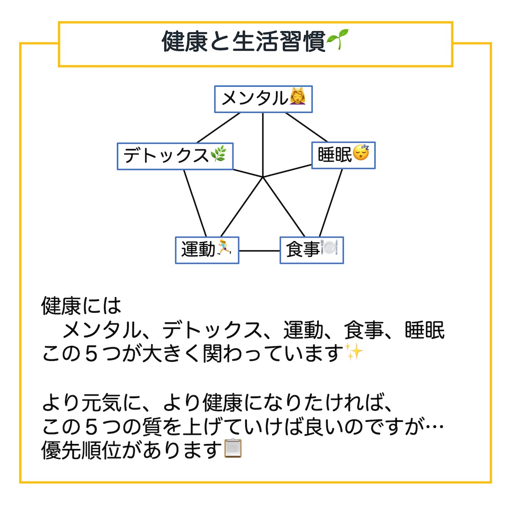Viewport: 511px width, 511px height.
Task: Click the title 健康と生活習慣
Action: pyautogui.click(x=243, y=42)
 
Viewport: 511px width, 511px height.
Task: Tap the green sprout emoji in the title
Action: pyautogui.click(x=337, y=40)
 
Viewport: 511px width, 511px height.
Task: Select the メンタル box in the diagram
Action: pyautogui.click(x=263, y=99)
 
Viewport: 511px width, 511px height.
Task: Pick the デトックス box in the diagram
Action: pyautogui.click(x=175, y=156)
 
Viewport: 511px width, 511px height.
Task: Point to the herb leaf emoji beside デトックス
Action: pyautogui.click(x=218, y=154)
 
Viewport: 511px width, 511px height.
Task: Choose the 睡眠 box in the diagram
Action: pyautogui.click(x=343, y=155)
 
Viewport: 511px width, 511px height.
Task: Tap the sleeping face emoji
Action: pyautogui.click(x=361, y=152)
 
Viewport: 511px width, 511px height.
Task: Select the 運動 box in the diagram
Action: pyautogui.click(x=207, y=250)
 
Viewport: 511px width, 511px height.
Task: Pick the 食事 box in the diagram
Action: pyautogui.click(x=312, y=250)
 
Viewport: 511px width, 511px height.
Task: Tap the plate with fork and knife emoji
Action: pyautogui.click(x=329, y=247)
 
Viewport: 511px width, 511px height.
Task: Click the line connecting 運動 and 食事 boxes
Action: pyautogui.click(x=260, y=251)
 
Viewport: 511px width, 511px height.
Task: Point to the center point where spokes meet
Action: pyautogui.click(x=262, y=177)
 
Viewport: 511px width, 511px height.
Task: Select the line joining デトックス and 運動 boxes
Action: pyautogui.click(x=195, y=203)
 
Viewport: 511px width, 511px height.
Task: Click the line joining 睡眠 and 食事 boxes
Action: pyautogui.click(x=331, y=203)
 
